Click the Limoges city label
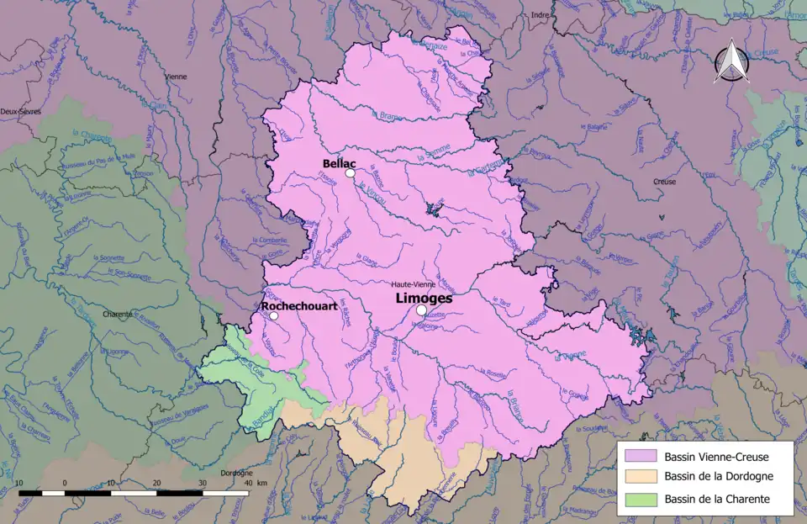[424, 298]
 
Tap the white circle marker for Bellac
[350, 173]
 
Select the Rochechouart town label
[299, 307]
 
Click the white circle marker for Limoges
[421, 310]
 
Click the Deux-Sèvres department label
[20, 111]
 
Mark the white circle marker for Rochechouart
[273, 316]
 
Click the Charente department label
[118, 314]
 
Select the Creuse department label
[665, 181]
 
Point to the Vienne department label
[176, 77]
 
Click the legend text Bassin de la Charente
[717, 499]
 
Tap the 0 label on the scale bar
[65, 483]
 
